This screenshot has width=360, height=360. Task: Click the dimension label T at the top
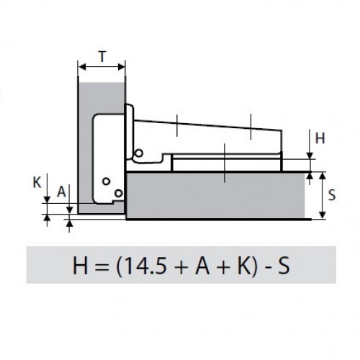click(102, 57)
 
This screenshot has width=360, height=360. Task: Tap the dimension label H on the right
click(320, 138)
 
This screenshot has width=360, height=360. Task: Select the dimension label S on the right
click(332, 195)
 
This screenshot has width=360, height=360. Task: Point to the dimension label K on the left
click(37, 183)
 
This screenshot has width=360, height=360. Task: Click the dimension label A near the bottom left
click(61, 192)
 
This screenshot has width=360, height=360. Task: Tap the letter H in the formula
click(80, 265)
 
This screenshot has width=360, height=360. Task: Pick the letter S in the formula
click(284, 265)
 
